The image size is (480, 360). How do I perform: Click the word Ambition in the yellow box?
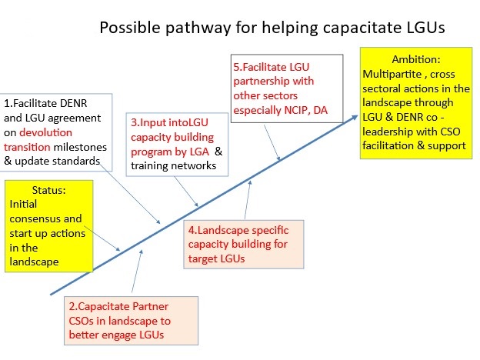(415, 59)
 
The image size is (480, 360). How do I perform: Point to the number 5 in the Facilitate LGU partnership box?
(236, 67)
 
